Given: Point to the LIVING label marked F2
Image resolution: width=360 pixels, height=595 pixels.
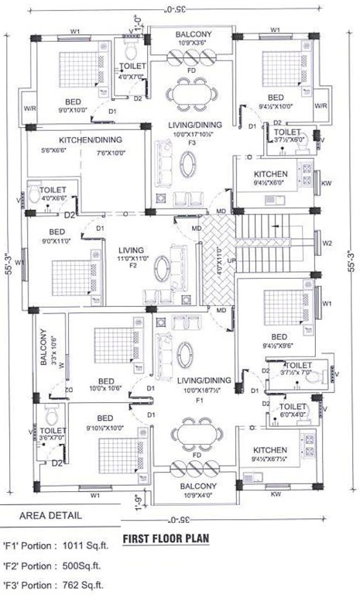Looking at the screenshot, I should pyautogui.click(x=132, y=250).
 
